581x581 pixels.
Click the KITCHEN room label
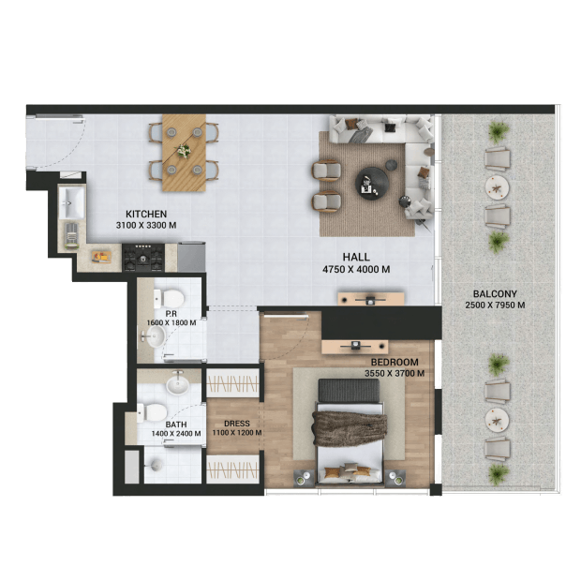click(x=146, y=214)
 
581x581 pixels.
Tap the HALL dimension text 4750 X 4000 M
click(x=356, y=269)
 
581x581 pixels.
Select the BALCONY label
click(x=495, y=294)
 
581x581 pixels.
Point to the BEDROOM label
click(x=395, y=362)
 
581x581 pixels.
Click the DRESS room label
click(x=237, y=424)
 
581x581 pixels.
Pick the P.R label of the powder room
click(x=171, y=314)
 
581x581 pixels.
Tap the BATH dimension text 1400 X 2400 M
click(x=176, y=433)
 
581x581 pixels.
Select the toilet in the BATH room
click(x=152, y=412)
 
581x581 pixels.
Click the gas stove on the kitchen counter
click(x=143, y=258)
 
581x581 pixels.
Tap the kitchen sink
click(x=71, y=202)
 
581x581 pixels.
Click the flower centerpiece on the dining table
click(x=184, y=151)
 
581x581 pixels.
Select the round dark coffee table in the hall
click(x=372, y=184)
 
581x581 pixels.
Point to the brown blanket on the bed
click(x=350, y=428)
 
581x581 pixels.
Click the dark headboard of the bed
click(x=349, y=391)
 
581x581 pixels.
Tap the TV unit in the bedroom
click(x=354, y=347)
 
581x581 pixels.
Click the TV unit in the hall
click(x=370, y=299)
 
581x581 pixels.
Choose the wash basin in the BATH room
click(x=178, y=384)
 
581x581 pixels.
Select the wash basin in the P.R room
click(x=156, y=336)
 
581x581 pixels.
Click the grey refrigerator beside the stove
click(x=191, y=257)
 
